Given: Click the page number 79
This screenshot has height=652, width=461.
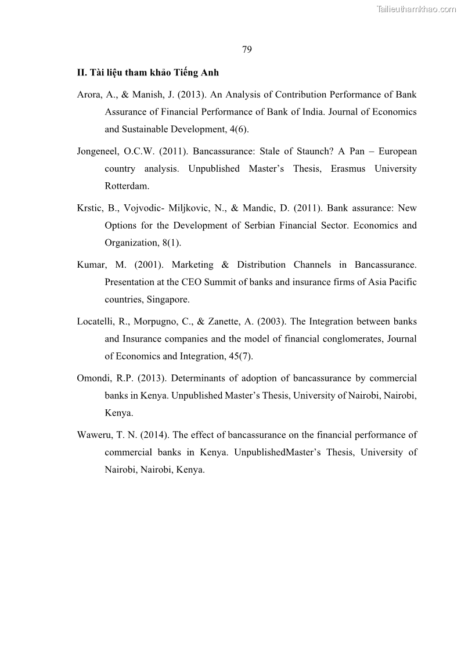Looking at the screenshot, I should tap(247, 49).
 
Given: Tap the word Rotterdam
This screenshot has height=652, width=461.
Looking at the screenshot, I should tap(127, 186).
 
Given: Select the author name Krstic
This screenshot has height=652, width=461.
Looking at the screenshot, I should tap(89, 208).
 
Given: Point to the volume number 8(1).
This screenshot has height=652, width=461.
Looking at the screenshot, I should tap(172, 243).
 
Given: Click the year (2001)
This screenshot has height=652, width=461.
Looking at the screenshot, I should tap(148, 265).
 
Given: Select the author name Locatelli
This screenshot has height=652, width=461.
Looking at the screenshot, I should tap(95, 322).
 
